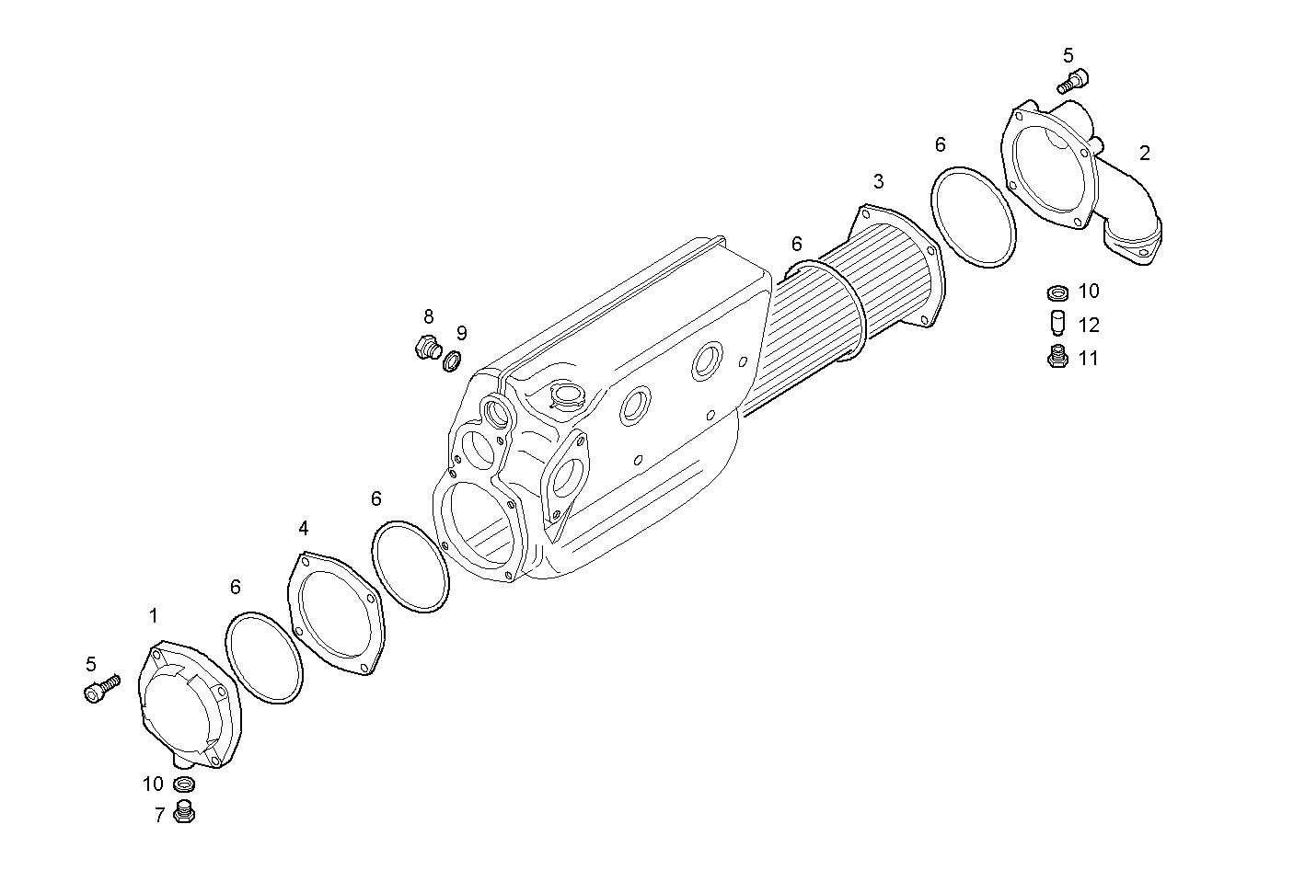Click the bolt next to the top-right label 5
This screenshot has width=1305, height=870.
[1072, 81]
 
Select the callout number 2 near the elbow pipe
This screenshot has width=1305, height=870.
[1144, 154]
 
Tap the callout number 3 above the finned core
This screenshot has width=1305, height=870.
[879, 180]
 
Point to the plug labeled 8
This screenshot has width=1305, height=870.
[426, 349]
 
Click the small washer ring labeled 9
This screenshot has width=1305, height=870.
[452, 361]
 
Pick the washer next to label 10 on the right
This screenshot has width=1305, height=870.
[1058, 293]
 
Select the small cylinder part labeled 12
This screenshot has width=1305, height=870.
[1057, 324]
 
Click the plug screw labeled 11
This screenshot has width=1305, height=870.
[1057, 357]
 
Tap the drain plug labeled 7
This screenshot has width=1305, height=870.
[185, 814]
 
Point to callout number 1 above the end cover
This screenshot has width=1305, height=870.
[154, 615]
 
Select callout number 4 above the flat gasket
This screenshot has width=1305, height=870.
[304, 528]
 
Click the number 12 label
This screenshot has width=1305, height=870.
[1089, 326]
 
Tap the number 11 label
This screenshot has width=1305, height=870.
[1089, 359]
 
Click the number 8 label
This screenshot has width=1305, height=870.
[429, 317]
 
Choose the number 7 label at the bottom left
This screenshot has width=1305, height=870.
[159, 815]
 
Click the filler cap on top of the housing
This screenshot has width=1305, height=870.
[564, 395]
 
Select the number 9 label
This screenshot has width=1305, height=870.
[461, 333]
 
